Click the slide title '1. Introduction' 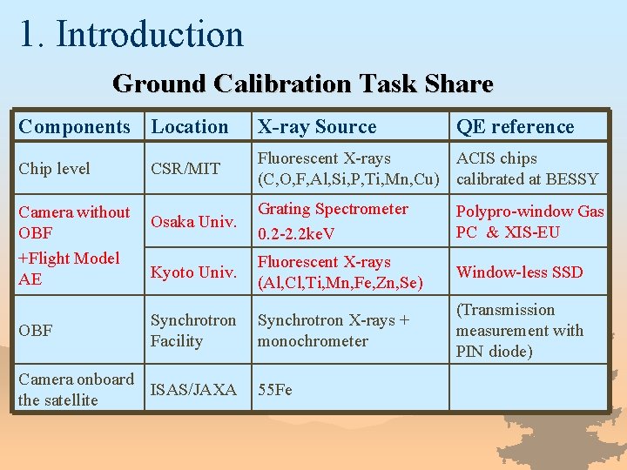(131, 34)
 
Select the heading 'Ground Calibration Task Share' (302, 84)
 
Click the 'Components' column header (74, 127)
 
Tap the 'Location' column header (190, 127)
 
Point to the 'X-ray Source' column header (317, 127)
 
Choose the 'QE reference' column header (516, 127)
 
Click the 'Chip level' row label (54, 169)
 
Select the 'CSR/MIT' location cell (185, 169)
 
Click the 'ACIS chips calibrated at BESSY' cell (527, 169)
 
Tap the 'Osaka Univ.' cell (193, 222)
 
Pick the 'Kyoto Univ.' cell (193, 272)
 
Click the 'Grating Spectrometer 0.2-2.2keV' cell (333, 222)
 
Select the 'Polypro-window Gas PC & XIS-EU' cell (529, 222)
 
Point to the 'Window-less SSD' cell (519, 272)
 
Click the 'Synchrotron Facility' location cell (193, 331)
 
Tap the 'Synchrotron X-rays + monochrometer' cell (333, 331)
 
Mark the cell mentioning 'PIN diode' (519, 331)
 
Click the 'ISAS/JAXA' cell (193, 390)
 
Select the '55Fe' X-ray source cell (275, 390)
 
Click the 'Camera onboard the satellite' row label (76, 390)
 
